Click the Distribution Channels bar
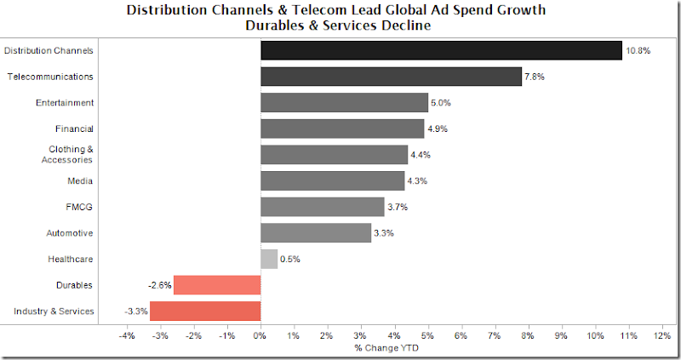(441, 50)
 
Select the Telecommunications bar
(391, 77)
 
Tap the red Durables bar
(217, 285)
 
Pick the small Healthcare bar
(269, 259)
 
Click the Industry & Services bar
(205, 311)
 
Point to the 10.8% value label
(638, 51)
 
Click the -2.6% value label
(159, 286)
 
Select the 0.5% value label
(290, 260)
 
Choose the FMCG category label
(80, 207)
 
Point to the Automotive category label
(70, 233)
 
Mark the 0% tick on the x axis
(260, 336)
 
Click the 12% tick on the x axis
(661, 336)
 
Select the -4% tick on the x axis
(127, 336)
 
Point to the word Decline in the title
(403, 26)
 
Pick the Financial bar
(342, 129)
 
